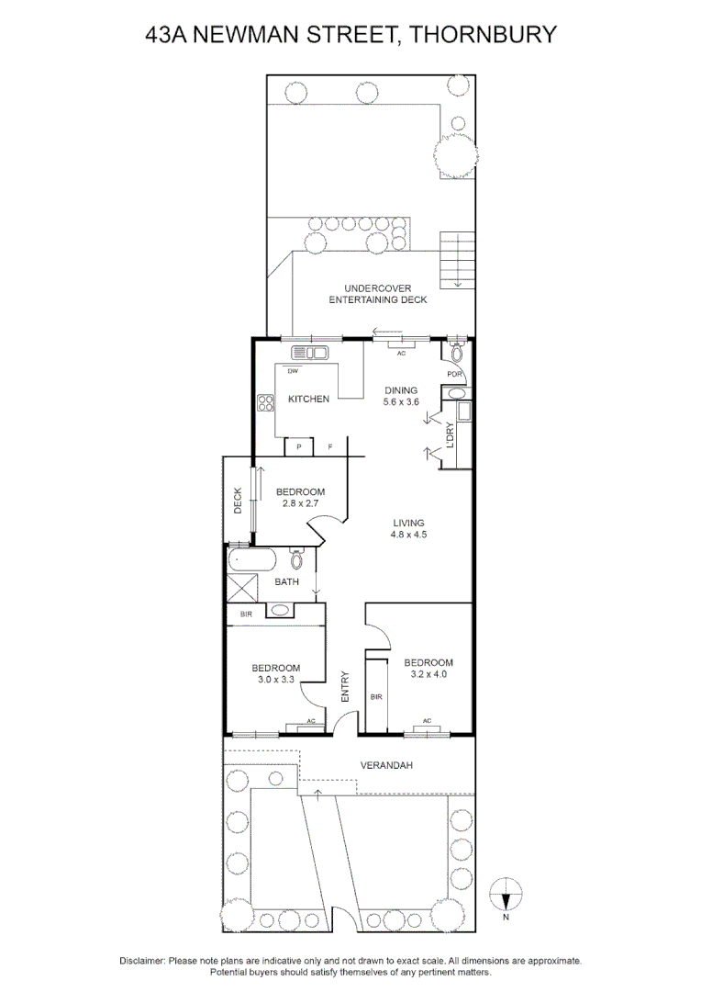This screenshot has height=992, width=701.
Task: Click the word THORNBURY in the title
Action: [484, 34]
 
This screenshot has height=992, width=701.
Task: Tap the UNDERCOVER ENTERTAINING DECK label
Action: [378, 294]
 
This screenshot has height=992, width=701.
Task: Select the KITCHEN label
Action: [308, 400]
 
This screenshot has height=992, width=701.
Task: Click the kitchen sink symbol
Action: [308, 353]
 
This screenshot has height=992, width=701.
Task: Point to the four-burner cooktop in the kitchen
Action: [265, 403]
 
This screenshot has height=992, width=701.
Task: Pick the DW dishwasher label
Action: [293, 371]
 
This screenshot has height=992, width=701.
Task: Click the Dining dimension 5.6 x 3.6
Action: [401, 401]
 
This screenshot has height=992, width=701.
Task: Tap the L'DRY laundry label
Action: [451, 435]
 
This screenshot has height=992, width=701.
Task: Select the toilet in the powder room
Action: [457, 351]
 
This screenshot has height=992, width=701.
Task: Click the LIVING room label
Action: [408, 523]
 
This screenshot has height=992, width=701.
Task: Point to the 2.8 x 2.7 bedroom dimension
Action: [300, 503]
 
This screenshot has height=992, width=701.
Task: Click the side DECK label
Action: [239, 500]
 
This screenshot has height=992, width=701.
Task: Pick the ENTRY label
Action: [345, 686]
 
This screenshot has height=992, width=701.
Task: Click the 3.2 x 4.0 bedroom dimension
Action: [428, 674]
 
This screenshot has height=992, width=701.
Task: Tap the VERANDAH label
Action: [386, 765]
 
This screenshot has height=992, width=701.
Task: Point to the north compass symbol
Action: [506, 894]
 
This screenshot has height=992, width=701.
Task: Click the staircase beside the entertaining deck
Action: [457, 260]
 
